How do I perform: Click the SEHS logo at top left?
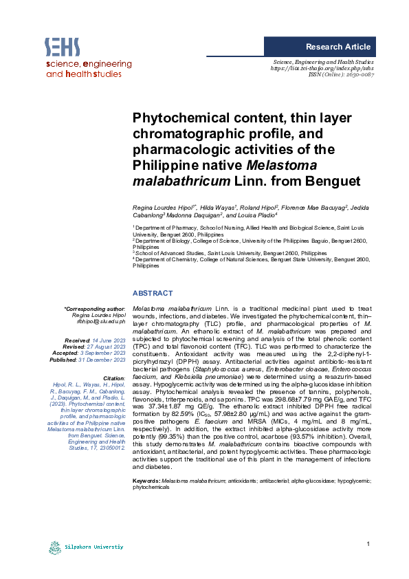pos(62,47)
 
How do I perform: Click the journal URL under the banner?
pos(322,68)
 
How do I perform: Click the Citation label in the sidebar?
pos(113,378)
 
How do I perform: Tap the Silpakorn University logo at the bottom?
pos(86,547)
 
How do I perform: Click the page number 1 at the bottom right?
pos(368,545)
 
